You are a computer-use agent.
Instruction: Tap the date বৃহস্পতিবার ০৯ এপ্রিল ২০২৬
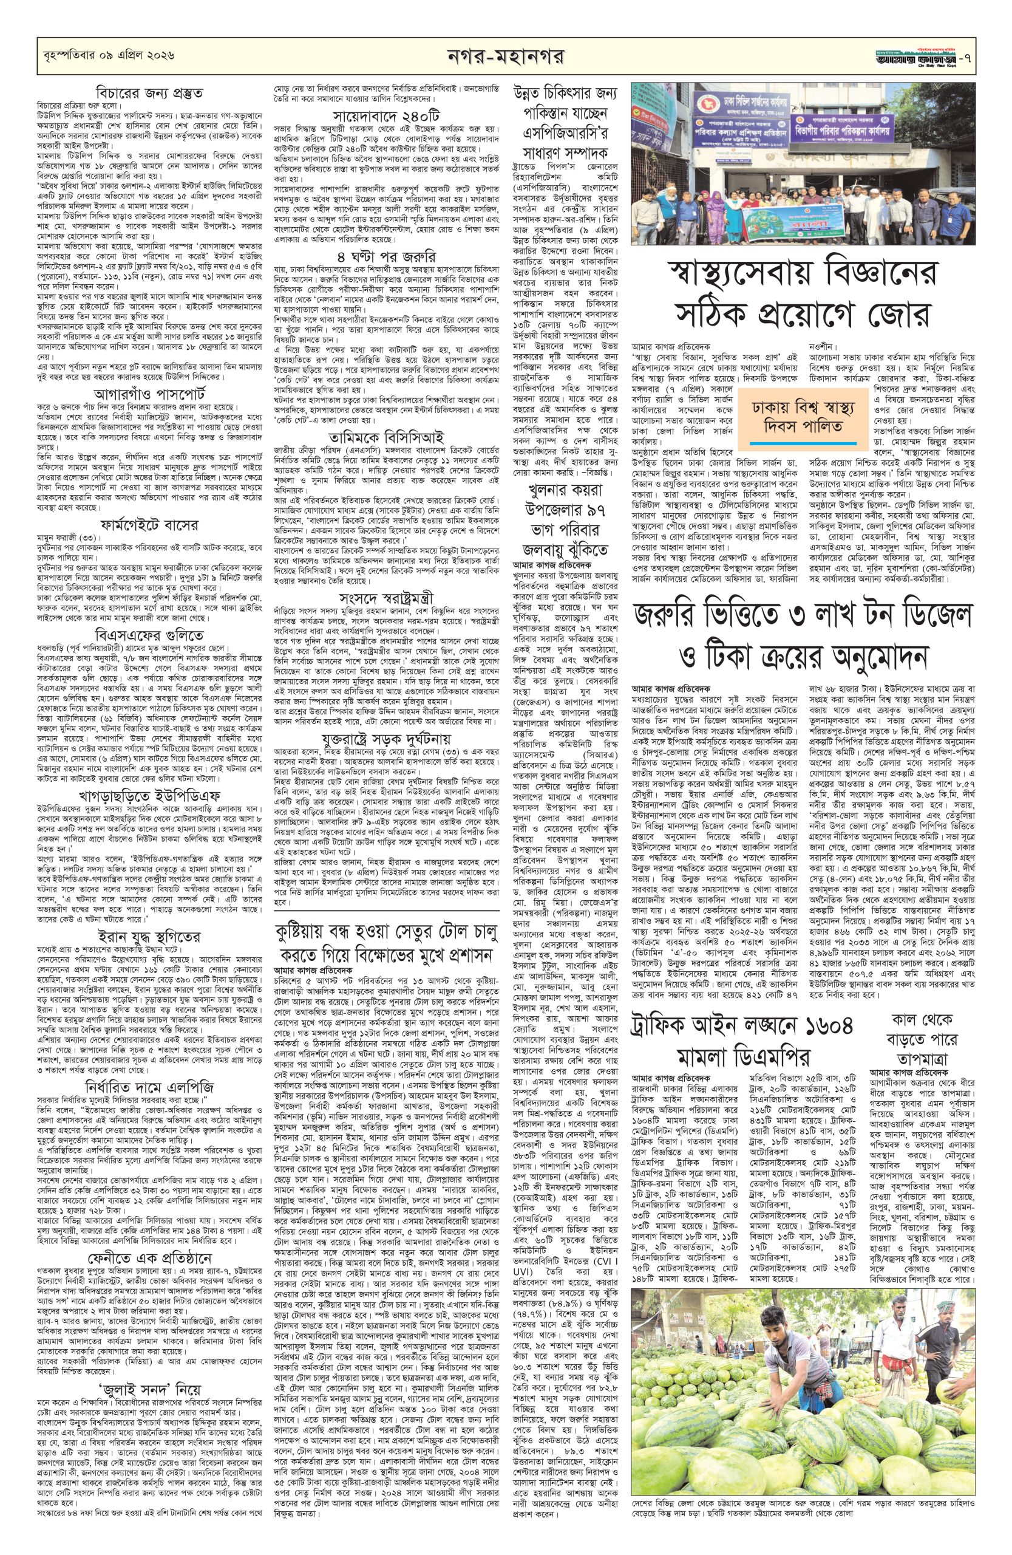point(105,58)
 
